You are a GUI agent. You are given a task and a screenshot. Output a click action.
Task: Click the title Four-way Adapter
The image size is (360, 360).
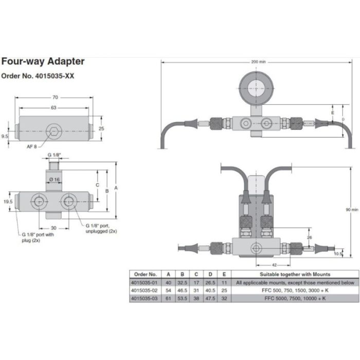click(x=43, y=62)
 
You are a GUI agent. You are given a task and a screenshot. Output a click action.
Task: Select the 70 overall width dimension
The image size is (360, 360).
click(x=56, y=97)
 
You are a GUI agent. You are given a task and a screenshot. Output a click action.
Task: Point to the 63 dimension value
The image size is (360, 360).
click(x=53, y=108)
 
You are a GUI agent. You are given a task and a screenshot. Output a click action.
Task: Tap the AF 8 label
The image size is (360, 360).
click(x=32, y=147)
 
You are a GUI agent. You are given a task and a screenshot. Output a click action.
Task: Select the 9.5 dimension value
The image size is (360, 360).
click(x=5, y=136)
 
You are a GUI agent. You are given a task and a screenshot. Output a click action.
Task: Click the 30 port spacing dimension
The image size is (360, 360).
click(x=53, y=228)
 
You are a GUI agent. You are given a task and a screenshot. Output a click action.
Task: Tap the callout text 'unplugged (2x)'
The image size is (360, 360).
click(x=101, y=231)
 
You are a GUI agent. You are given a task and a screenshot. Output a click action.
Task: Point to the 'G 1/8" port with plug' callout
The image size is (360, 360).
click(x=38, y=235)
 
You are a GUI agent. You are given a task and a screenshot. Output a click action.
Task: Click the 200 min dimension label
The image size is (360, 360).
click(x=258, y=62)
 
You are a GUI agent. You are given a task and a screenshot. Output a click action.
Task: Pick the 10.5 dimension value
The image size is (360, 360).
click(x=337, y=254)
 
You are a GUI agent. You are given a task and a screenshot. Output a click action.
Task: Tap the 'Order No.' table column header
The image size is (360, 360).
click(x=145, y=274)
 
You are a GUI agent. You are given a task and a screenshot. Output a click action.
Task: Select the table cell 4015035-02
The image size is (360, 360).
click(x=145, y=291)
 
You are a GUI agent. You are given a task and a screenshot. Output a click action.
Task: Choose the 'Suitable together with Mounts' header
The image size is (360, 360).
click(x=295, y=274)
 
